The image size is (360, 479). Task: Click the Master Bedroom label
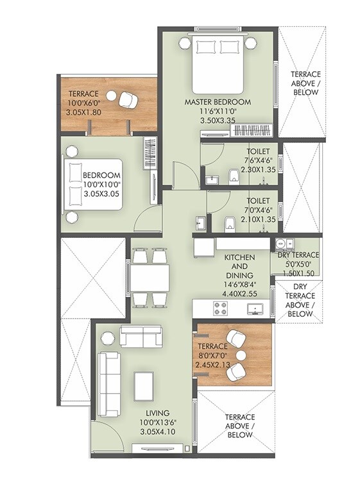(x=218, y=102)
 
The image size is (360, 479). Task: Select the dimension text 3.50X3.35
(x=218, y=120)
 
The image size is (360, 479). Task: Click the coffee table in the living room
(x=143, y=384)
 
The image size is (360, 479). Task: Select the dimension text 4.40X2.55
(x=239, y=294)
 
